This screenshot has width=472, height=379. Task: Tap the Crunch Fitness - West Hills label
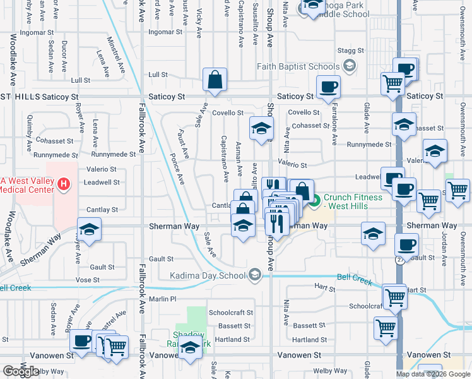[x=353, y=202]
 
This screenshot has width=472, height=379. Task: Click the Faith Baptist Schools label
[x=298, y=66]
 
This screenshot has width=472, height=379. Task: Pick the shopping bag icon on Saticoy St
[x=215, y=80]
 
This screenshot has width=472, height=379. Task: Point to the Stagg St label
[x=351, y=51]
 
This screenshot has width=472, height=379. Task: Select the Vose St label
[x=87, y=279]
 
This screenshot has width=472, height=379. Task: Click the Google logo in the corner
[x=20, y=371]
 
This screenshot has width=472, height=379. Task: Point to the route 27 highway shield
[x=399, y=259]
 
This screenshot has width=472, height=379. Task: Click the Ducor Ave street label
[x=64, y=55]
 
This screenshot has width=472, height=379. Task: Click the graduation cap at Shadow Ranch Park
[x=190, y=349]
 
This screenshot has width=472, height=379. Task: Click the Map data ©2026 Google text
[x=434, y=374]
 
